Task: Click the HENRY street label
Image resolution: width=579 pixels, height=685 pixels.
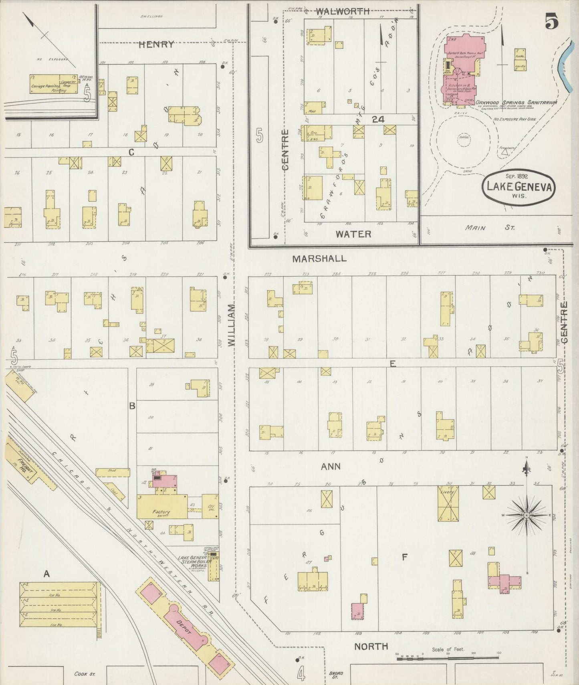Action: click(156, 44)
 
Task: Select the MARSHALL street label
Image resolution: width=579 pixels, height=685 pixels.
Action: click(319, 259)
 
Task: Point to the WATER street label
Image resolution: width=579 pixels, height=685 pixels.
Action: click(353, 234)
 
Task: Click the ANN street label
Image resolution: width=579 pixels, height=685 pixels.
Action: click(331, 466)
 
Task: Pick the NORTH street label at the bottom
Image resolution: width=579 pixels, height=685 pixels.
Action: click(371, 646)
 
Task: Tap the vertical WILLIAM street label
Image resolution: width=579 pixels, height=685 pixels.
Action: click(232, 325)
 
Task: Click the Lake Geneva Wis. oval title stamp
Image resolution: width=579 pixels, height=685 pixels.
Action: click(519, 188)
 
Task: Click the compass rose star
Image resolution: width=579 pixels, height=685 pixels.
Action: click(527, 515)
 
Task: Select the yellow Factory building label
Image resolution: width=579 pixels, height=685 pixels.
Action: click(161, 512)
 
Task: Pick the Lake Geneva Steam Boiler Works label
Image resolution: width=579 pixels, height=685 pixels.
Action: click(192, 563)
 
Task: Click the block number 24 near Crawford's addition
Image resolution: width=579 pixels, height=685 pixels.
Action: click(378, 119)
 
